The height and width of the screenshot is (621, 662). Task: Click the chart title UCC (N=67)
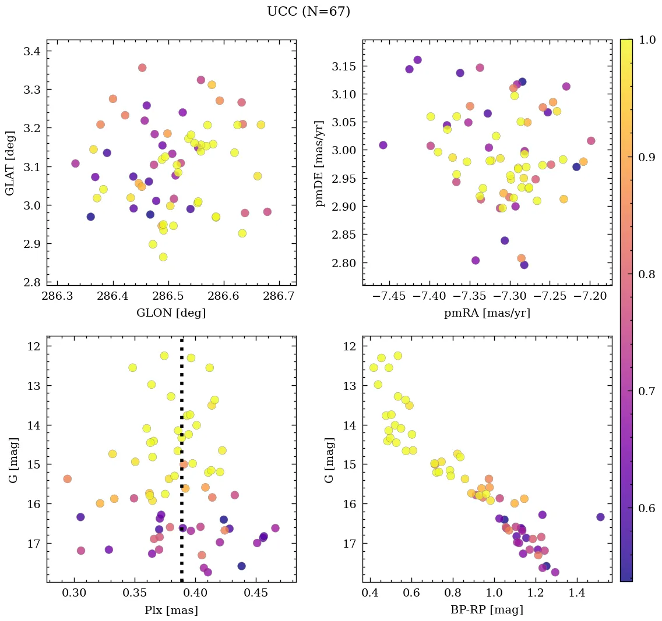pyautogui.click(x=308, y=12)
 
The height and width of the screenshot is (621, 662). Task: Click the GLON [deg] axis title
pyautogui.click(x=171, y=313)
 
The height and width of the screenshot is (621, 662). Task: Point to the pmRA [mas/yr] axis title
pyautogui.click(x=487, y=313)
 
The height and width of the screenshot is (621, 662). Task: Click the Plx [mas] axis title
pyautogui.click(x=171, y=610)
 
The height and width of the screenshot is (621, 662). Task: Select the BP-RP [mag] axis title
pyautogui.click(x=487, y=610)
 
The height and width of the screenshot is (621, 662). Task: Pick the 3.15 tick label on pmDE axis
pyautogui.click(x=344, y=66)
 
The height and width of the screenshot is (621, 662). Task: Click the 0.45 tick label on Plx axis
pyautogui.click(x=256, y=595)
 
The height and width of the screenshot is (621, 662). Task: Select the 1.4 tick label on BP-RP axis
pyautogui.click(x=578, y=595)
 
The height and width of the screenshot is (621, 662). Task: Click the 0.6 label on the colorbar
pyautogui.click(x=647, y=508)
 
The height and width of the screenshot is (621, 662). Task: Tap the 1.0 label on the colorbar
pyautogui.click(x=647, y=40)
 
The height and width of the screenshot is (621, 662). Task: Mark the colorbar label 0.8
pyautogui.click(x=647, y=274)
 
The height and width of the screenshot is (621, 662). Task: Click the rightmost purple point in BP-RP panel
pyautogui.click(x=600, y=517)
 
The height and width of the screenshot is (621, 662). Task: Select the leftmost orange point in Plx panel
pyautogui.click(x=68, y=479)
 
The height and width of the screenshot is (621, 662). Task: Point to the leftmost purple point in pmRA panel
pyautogui.click(x=383, y=145)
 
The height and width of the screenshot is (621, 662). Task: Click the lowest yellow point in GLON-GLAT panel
pyautogui.click(x=163, y=257)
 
